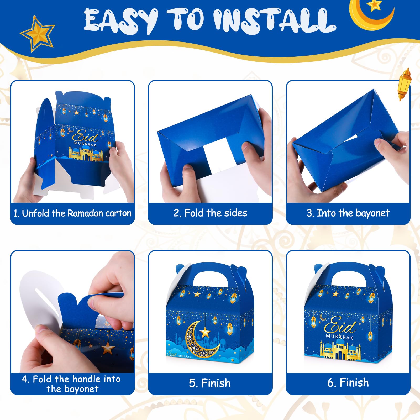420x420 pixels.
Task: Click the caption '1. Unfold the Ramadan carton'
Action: (x=72, y=213)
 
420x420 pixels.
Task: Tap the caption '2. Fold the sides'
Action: (x=210, y=213)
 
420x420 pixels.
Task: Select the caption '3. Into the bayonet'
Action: (x=348, y=213)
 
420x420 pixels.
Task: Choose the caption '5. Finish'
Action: (x=210, y=383)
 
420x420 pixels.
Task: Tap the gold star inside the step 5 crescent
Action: (x=205, y=333)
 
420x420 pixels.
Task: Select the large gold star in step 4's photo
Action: (x=108, y=349)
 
